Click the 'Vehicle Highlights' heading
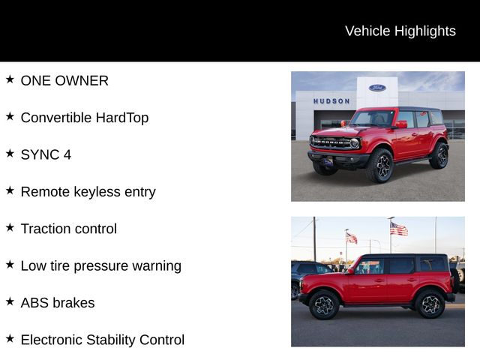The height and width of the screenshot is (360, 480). (x=400, y=31)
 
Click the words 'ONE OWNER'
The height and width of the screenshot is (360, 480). (x=64, y=80)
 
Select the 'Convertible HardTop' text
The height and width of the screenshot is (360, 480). (x=85, y=118)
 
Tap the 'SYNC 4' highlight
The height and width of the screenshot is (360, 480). (x=46, y=154)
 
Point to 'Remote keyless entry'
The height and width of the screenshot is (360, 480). (x=88, y=191)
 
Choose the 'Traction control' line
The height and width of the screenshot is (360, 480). (x=68, y=229)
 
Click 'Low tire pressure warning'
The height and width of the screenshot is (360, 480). (x=100, y=265)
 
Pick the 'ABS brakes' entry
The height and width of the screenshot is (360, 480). (x=58, y=303)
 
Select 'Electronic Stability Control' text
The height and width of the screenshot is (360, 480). (x=102, y=340)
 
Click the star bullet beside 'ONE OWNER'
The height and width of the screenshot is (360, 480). (x=10, y=79)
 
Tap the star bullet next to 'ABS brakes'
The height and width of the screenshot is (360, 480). (x=10, y=301)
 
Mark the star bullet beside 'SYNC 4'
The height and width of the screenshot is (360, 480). (x=10, y=153)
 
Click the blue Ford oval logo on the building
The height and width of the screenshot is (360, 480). (x=377, y=88)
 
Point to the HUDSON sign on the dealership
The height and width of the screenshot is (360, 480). (x=331, y=101)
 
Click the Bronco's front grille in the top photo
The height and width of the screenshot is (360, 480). (x=331, y=142)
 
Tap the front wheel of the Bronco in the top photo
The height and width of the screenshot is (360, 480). (x=380, y=165)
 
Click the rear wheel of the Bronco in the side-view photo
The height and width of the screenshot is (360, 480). (x=430, y=304)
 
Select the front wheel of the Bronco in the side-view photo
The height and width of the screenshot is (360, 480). (x=325, y=304)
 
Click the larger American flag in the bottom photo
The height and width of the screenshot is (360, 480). (x=399, y=229)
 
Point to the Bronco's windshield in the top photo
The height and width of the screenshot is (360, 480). (x=372, y=118)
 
